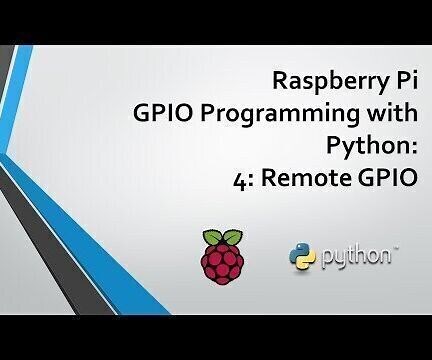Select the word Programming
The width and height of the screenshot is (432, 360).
click(x=296, y=115)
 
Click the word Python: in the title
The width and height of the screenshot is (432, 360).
click(x=370, y=148)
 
